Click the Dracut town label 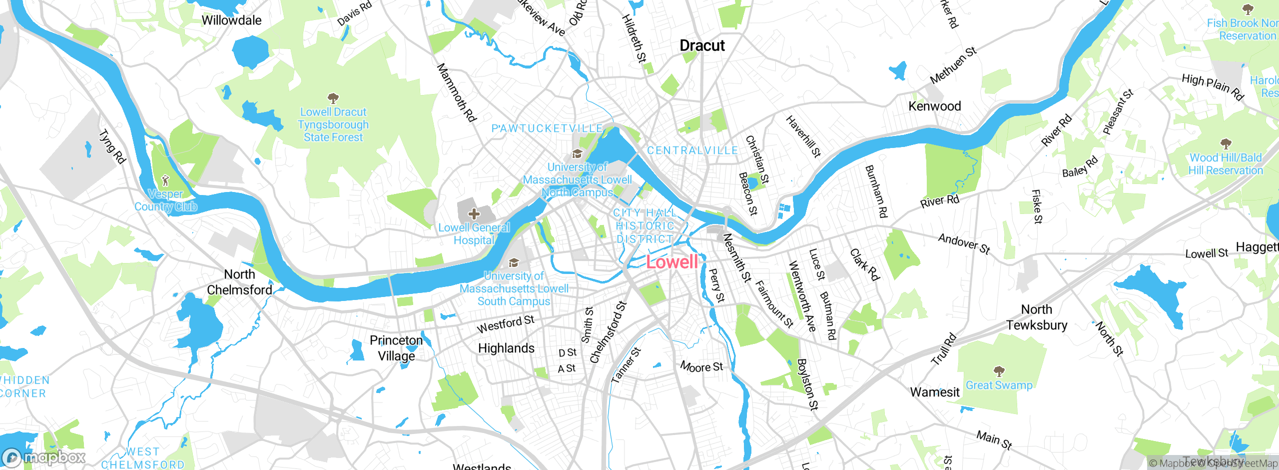point(702,45)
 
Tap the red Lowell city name point(671,262)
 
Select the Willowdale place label point(231,20)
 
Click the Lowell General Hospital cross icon point(474,214)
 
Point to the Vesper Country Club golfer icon point(165,180)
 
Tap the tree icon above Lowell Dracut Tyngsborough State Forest point(333,98)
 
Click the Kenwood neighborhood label point(934,106)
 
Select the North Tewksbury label point(1037,317)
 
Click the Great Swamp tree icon point(999,371)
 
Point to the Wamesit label point(934,392)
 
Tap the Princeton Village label point(396,348)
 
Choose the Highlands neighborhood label point(506,348)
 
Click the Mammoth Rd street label point(457,92)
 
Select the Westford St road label point(505,324)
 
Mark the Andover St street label point(964,244)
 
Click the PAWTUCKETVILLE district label point(547,128)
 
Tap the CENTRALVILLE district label point(692,150)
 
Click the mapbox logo point(44,457)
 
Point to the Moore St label point(701,367)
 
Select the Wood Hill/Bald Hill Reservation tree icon point(1226,144)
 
